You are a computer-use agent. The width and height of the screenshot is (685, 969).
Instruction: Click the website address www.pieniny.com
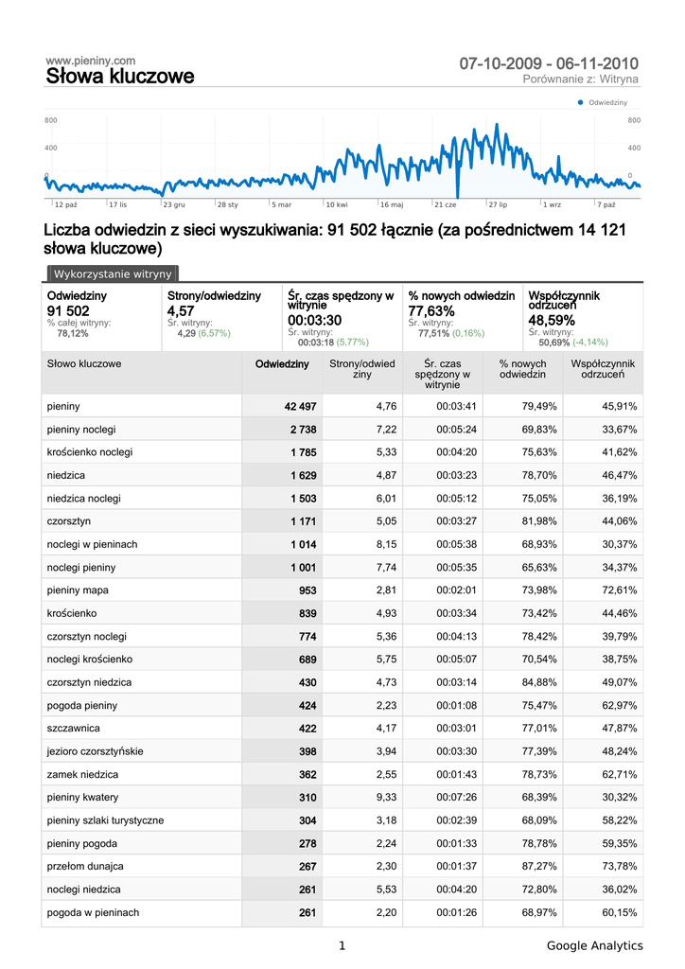(90, 61)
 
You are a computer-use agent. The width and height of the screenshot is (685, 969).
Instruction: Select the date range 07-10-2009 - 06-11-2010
(549, 63)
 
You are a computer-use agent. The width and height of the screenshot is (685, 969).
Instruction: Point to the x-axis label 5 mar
(282, 204)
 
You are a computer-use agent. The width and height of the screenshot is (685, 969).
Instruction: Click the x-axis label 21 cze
(445, 204)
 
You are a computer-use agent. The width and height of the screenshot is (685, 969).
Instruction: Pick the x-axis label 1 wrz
(552, 204)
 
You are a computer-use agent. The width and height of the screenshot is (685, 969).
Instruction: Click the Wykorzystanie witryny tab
(113, 274)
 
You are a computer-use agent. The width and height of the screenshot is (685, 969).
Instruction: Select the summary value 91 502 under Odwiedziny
(68, 311)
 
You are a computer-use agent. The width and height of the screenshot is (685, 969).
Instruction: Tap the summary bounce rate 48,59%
(551, 321)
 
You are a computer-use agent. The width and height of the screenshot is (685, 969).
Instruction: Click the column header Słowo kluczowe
(84, 363)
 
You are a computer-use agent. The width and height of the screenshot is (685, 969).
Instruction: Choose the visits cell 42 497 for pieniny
(300, 406)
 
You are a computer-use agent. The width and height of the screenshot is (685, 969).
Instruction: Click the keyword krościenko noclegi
(90, 452)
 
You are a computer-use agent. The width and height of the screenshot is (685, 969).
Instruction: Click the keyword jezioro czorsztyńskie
(95, 751)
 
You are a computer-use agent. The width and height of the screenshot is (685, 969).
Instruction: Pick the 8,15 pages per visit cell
(386, 544)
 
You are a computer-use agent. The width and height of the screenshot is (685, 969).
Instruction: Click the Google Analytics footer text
(594, 945)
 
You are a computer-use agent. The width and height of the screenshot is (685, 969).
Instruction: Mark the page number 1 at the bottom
(342, 945)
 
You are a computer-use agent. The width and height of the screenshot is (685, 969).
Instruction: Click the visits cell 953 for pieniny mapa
(307, 590)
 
